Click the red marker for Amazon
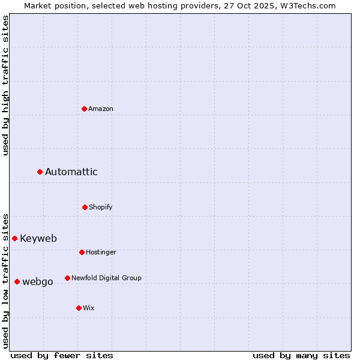85,109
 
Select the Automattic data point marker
40,172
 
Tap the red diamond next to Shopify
85,207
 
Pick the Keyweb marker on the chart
15,238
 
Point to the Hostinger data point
82,252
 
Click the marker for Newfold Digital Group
67,278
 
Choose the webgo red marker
17,281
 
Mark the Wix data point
79,308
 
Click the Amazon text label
101,109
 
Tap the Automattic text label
71,172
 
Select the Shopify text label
101,207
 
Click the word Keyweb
38,238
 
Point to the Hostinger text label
101,252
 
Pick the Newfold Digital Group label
106,278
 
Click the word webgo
38,282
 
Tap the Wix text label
89,308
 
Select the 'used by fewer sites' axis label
62,355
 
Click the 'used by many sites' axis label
301,355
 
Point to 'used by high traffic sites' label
5,85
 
